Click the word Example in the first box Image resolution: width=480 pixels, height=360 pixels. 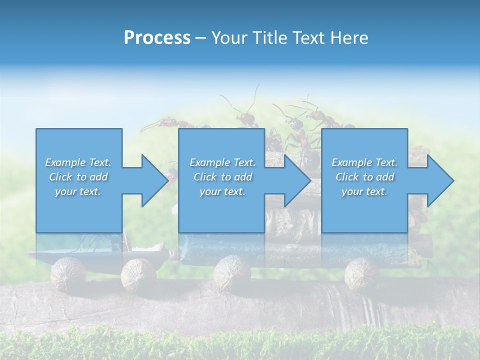[x=65, y=162]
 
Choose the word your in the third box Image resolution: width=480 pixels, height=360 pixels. [x=352, y=191]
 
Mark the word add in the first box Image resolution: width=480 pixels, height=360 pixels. [x=99, y=177]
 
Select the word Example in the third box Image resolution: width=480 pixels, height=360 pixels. [x=351, y=162]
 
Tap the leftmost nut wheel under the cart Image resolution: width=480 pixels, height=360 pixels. [x=68, y=273]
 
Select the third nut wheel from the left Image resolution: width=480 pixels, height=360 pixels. [x=232, y=273]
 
